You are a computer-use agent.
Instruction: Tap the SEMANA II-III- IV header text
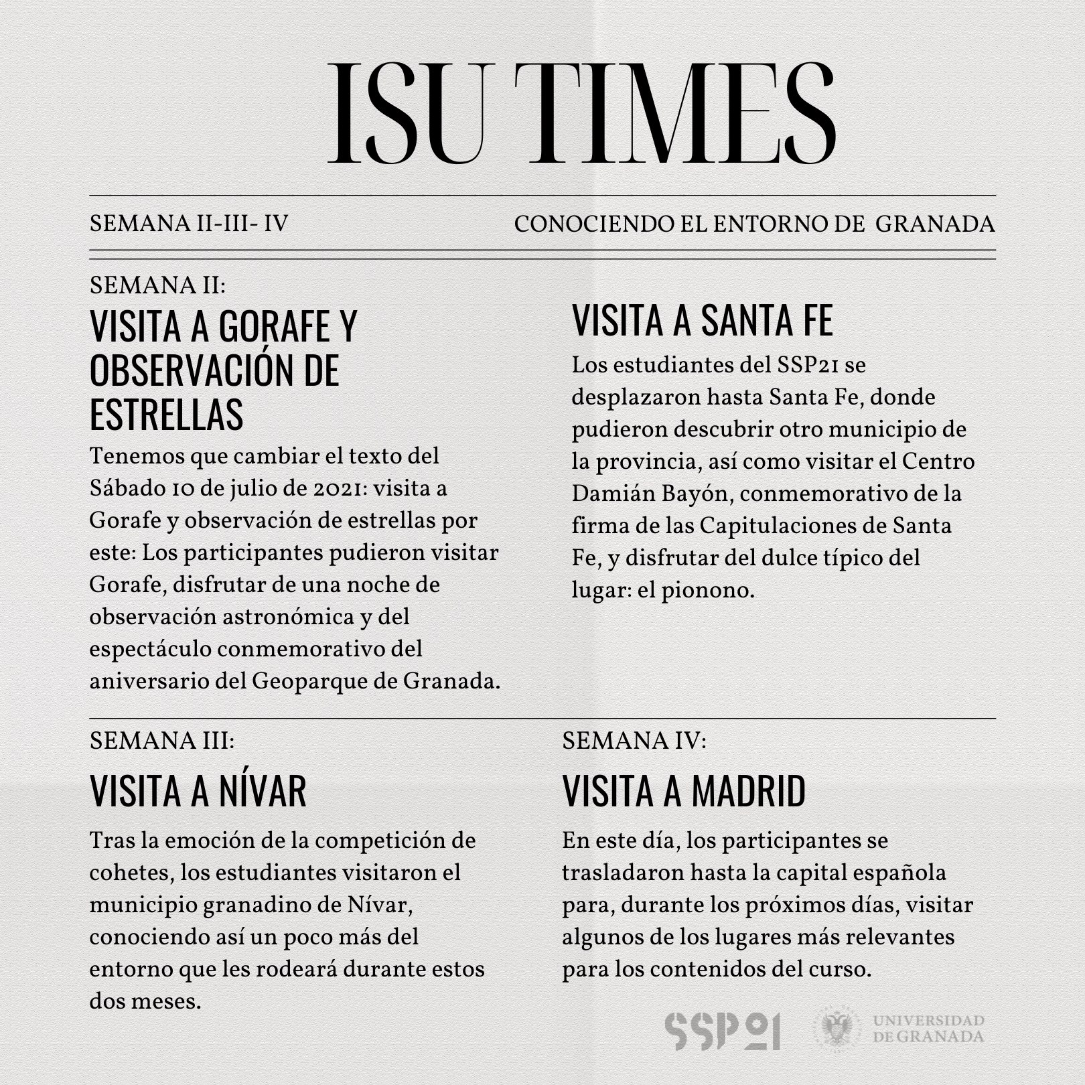(x=189, y=224)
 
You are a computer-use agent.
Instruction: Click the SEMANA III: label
(x=161, y=741)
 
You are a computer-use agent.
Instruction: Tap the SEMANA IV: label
(x=634, y=741)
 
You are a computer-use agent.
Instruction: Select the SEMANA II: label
(x=157, y=285)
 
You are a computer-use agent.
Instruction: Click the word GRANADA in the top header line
(x=935, y=224)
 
